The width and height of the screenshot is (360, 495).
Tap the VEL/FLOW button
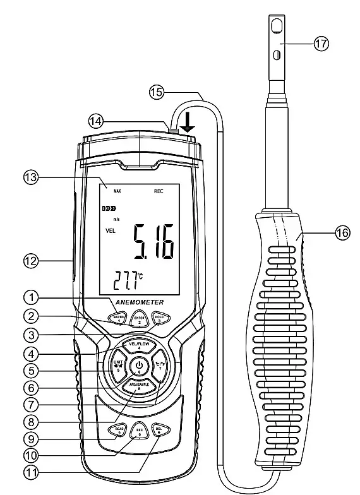[x=138, y=345]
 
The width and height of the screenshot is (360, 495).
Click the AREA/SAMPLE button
[x=138, y=385]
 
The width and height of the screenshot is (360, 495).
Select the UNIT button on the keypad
[x=117, y=366]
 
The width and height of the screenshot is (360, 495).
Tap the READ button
[x=117, y=429]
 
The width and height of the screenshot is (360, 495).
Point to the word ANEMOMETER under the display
[x=139, y=302]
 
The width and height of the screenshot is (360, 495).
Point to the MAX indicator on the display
[x=117, y=190]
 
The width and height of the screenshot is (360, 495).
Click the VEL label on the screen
[x=110, y=230]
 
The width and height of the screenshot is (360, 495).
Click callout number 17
[x=321, y=44]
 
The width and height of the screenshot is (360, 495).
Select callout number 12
[x=30, y=258]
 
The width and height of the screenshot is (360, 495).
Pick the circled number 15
[x=156, y=92]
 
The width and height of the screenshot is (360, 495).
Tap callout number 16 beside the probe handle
[x=341, y=233]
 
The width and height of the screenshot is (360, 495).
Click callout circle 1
[x=30, y=295]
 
